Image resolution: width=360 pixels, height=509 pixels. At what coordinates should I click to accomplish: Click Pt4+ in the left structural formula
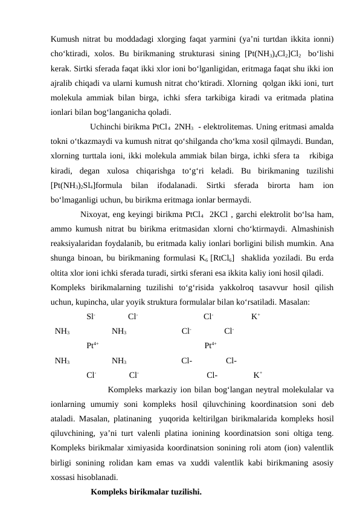(92, 346)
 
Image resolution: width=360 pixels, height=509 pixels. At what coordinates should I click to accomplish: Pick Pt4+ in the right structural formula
(211, 346)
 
